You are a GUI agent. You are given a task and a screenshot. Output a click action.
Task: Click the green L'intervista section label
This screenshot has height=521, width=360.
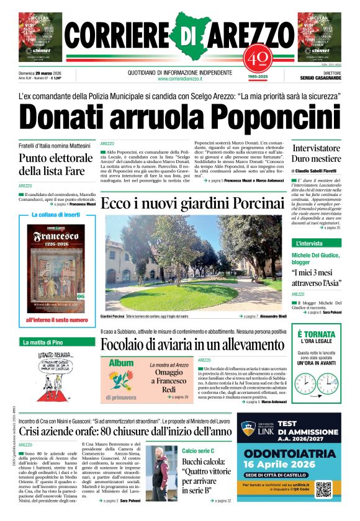point(310,243)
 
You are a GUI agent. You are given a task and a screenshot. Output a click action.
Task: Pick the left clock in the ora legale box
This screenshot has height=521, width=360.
point(305,385)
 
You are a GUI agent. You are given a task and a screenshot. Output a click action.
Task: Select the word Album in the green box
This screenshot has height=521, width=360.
point(122,363)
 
